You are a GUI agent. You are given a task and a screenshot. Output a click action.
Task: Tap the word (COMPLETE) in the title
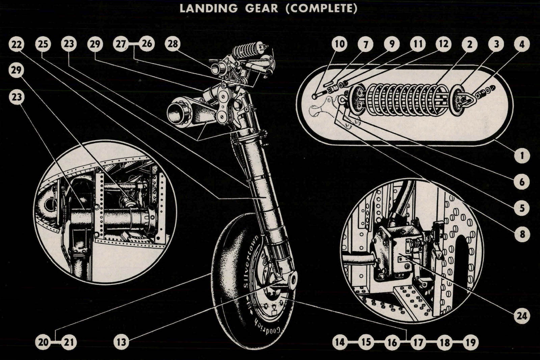[321, 8]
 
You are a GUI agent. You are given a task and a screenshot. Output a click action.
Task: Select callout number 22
[17, 44]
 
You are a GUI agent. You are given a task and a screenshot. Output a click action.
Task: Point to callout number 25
[43, 44]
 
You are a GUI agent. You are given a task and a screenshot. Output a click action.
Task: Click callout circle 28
[173, 44]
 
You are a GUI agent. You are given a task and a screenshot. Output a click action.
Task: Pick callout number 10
[340, 44]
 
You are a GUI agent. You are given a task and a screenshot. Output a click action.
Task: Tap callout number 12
[443, 44]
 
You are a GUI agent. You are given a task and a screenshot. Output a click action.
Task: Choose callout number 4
[522, 44]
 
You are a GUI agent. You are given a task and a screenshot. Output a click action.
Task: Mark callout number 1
[522, 156]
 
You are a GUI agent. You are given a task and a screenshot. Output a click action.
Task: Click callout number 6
[522, 182]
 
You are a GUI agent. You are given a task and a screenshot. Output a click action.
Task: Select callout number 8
[522, 234]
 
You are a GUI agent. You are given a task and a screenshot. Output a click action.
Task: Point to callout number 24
[522, 316]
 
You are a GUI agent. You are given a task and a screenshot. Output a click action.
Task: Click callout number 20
[43, 342]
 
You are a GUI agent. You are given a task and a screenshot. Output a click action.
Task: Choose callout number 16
[392, 342]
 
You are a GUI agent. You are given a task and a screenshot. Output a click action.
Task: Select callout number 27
[121, 44]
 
